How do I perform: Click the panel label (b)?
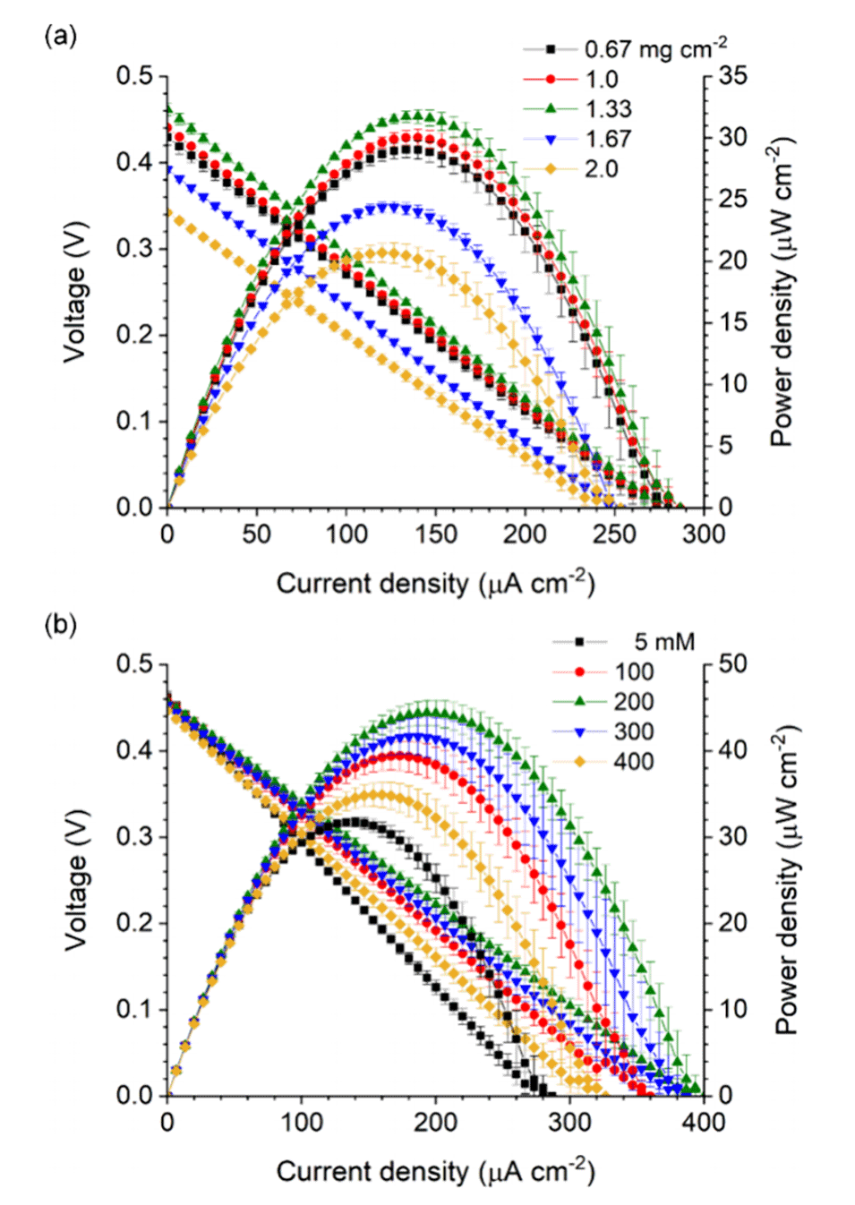[60, 624]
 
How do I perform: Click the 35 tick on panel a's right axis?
[731, 76]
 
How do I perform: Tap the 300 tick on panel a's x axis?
[704, 534]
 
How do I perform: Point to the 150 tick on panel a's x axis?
[435, 534]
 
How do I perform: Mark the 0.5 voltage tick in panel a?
[134, 76]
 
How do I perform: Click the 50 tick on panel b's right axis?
[731, 664]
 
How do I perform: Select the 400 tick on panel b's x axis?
[704, 1123]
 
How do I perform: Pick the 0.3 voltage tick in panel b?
[134, 837]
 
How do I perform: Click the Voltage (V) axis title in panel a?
[75, 292]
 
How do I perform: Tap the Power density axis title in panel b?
[786, 880]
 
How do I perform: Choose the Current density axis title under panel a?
[435, 583]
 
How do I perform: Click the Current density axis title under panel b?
[435, 1171]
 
